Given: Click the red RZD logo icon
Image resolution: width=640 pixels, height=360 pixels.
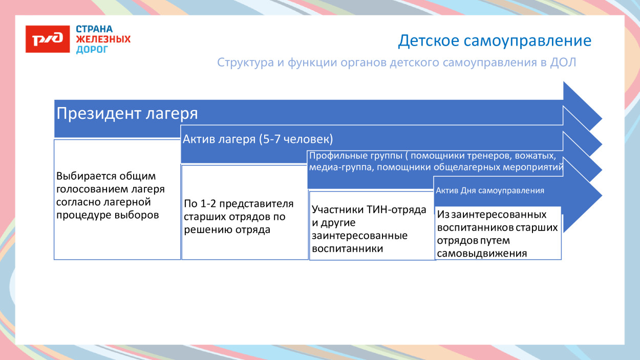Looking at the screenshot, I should pyautogui.click(x=48, y=39).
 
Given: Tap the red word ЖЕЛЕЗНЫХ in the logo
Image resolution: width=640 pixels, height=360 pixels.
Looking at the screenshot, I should pyautogui.click(x=103, y=39).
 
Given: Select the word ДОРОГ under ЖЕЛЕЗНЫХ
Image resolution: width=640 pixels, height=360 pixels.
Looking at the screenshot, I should pyautogui.click(x=92, y=50).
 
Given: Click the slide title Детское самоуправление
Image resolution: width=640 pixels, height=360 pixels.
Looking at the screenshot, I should pyautogui.click(x=495, y=41).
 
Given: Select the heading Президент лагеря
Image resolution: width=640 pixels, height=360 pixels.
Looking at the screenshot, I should pyautogui.click(x=127, y=113).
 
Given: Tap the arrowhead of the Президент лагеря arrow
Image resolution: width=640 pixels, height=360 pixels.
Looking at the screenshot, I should pyautogui.click(x=583, y=107).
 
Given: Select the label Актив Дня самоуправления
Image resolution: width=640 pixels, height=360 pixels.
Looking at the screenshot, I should pyautogui.click(x=489, y=190).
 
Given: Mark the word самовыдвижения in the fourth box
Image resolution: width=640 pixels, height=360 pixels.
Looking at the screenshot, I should pyautogui.click(x=482, y=253).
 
